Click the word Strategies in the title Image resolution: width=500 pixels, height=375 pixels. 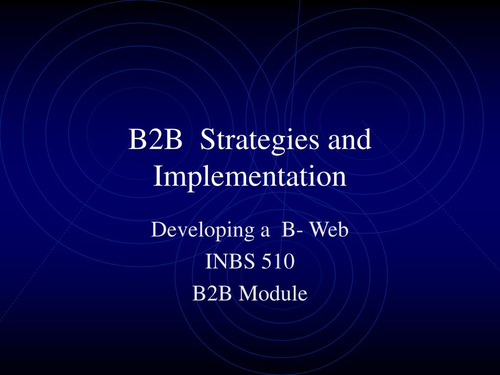pyautogui.click(x=259, y=140)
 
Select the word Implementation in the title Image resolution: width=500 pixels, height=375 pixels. pyautogui.click(x=250, y=177)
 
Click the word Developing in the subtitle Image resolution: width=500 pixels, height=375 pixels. pyautogui.click(x=203, y=230)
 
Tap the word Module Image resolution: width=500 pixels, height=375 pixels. pyautogui.click(x=273, y=293)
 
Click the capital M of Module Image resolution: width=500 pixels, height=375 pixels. pyautogui.click(x=250, y=293)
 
